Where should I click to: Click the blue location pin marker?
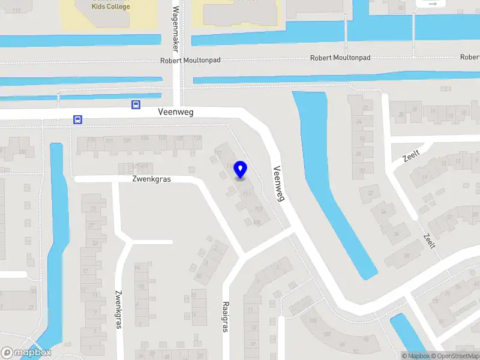[240, 170]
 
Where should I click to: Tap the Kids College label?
[110, 7]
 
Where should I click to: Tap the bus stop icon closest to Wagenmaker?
[136, 104]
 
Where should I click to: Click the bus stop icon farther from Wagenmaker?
[77, 119]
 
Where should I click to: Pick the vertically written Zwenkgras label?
[118, 310]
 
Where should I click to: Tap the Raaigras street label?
[226, 316]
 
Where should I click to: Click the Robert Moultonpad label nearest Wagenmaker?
[186, 61]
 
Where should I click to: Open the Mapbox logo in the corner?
[26, 353]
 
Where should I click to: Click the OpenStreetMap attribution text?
[454, 356]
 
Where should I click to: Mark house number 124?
[145, 139]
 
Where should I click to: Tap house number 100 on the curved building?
[326, 333]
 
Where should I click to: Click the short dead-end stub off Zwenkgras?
[152, 242]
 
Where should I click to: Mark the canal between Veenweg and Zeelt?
[336, 180]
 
